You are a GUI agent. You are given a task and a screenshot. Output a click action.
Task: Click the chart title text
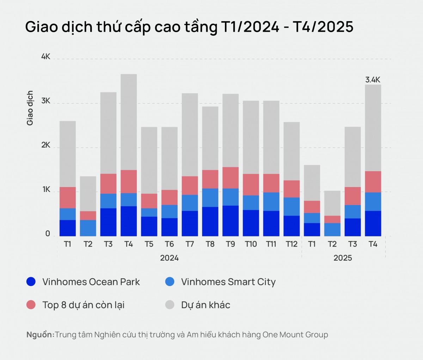coord(189,27)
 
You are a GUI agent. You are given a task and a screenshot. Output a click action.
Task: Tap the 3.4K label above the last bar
coord(373,80)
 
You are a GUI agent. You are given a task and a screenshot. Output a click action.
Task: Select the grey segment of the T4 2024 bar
coord(129,122)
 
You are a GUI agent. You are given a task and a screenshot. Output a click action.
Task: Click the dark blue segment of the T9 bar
coord(231,221)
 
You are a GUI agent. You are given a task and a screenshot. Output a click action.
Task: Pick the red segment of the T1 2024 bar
coord(68,198)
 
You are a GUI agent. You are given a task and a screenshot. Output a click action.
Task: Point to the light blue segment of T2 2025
coord(332,229)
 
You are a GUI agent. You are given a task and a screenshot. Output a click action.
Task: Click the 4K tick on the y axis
coord(46,57)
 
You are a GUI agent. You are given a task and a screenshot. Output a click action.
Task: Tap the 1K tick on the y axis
coord(46,190)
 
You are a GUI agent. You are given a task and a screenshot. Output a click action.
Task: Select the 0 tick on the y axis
coord(48,234)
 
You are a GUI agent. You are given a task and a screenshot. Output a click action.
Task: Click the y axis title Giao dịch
coord(30,108)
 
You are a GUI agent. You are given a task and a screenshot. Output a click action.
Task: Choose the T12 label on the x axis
coord(292,244)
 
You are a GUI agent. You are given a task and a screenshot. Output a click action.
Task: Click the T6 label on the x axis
coord(169,244)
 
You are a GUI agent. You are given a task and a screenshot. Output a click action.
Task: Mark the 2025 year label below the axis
coord(343,258)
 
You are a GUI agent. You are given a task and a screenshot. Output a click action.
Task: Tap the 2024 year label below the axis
coord(169,258)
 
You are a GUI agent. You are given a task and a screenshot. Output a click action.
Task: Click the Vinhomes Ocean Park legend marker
coord(31,281)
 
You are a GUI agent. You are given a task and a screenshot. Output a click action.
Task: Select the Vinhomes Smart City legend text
coord(228,282)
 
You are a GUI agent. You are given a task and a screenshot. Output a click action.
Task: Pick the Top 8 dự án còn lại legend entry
coord(83,305)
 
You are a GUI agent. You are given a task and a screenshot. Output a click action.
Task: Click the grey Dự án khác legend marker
coord(170,305)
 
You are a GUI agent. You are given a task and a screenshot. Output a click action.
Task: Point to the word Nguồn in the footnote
coord(40,335)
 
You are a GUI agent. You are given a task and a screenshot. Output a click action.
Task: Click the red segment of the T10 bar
coord(251,185)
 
